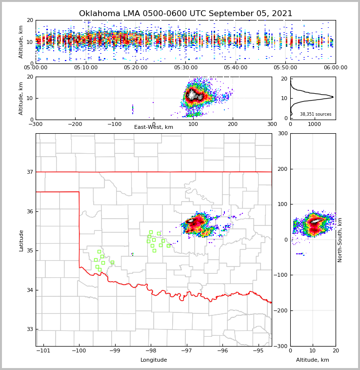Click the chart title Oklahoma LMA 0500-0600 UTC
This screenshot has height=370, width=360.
(185, 14)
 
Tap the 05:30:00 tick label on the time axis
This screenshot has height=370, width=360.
(186, 68)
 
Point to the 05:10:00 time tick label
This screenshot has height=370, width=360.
(86, 68)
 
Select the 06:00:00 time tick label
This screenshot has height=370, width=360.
(335, 68)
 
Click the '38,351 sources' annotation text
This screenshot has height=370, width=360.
(316, 114)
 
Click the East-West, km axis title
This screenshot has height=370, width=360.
(154, 127)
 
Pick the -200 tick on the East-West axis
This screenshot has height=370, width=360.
(74, 124)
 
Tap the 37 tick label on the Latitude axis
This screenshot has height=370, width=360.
(29, 172)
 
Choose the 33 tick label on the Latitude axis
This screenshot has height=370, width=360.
(29, 329)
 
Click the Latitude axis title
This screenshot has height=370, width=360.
(21, 240)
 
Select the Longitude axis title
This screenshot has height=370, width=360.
(154, 360)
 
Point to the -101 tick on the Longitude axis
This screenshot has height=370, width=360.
(43, 351)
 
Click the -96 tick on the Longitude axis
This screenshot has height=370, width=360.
(222, 351)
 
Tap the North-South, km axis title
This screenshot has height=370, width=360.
(340, 240)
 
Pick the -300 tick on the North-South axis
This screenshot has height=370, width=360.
(281, 346)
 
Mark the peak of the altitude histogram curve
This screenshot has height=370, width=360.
(333, 97)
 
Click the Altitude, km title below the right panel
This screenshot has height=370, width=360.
(313, 360)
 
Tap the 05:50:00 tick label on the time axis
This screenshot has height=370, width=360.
(285, 68)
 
